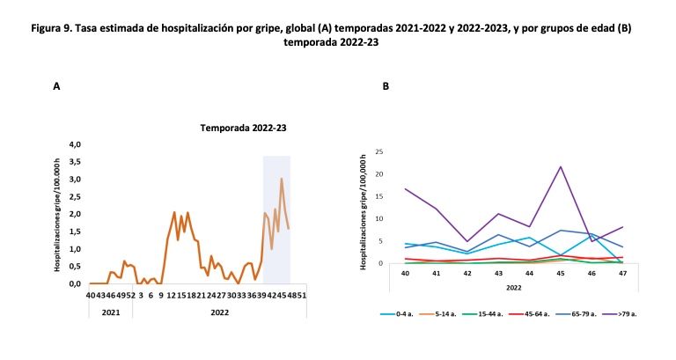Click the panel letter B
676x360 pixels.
pos(386,86)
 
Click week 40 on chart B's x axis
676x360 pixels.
pos(406,274)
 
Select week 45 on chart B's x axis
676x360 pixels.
pos(560,274)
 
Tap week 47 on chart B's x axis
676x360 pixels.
pos(621,274)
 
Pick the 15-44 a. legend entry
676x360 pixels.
pos(494,312)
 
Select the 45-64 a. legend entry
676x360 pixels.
pos(541,312)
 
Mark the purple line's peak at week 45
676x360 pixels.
pos(560,166)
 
